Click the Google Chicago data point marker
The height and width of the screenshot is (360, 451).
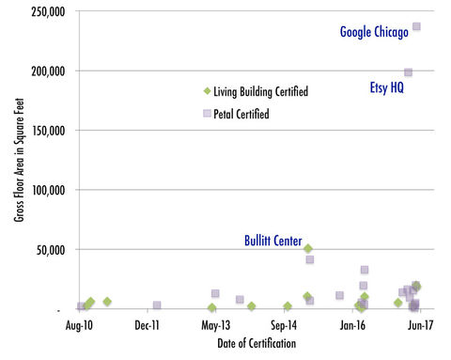(x=416, y=26)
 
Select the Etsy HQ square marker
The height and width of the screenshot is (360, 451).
(x=408, y=72)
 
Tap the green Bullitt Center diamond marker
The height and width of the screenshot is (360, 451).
(x=308, y=248)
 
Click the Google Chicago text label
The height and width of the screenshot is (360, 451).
(x=374, y=33)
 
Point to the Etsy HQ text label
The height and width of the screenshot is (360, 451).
(x=385, y=88)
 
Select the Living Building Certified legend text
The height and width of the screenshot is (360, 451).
(x=261, y=92)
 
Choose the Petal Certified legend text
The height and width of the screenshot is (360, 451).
(x=242, y=114)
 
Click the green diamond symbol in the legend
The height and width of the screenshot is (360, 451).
(x=207, y=91)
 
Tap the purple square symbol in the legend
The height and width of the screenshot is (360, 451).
(x=207, y=113)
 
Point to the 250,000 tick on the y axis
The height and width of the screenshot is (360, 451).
(x=45, y=11)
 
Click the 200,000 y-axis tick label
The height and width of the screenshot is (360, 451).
(x=45, y=70)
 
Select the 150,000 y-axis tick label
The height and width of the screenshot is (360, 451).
(x=45, y=130)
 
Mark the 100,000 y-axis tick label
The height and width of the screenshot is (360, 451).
(x=45, y=190)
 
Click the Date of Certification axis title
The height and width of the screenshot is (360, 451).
(x=249, y=344)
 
